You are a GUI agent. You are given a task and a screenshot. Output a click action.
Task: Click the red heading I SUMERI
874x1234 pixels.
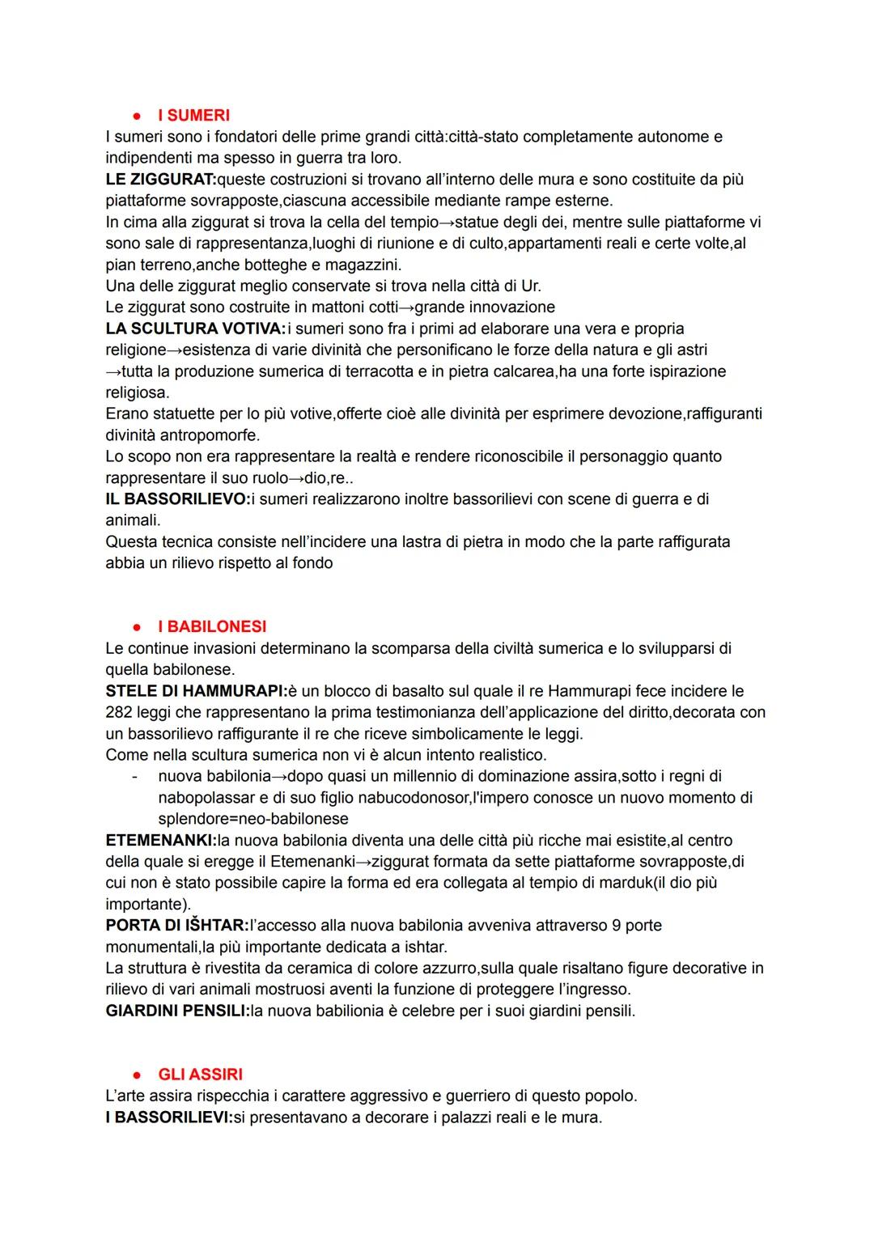(193, 116)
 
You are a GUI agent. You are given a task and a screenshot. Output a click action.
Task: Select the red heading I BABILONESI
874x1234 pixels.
(212, 627)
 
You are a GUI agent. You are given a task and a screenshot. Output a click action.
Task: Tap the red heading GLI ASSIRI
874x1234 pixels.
(200, 1075)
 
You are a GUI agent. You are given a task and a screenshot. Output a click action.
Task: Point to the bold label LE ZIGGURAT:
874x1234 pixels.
(161, 180)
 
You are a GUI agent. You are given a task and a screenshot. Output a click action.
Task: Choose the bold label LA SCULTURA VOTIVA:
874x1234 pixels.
(196, 329)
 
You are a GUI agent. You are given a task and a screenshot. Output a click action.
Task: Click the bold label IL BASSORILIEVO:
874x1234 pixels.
(178, 499)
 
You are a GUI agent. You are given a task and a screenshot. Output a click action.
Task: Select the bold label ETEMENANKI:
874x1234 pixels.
(161, 841)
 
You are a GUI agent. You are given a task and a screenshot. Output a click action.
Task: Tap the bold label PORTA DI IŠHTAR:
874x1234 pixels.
(177, 926)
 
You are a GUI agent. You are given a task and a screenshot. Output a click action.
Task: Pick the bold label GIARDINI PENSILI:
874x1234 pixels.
(177, 1011)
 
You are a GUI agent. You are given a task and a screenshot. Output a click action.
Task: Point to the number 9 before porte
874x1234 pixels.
(617, 926)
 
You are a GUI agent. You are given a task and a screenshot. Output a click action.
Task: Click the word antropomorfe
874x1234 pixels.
(204, 435)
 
